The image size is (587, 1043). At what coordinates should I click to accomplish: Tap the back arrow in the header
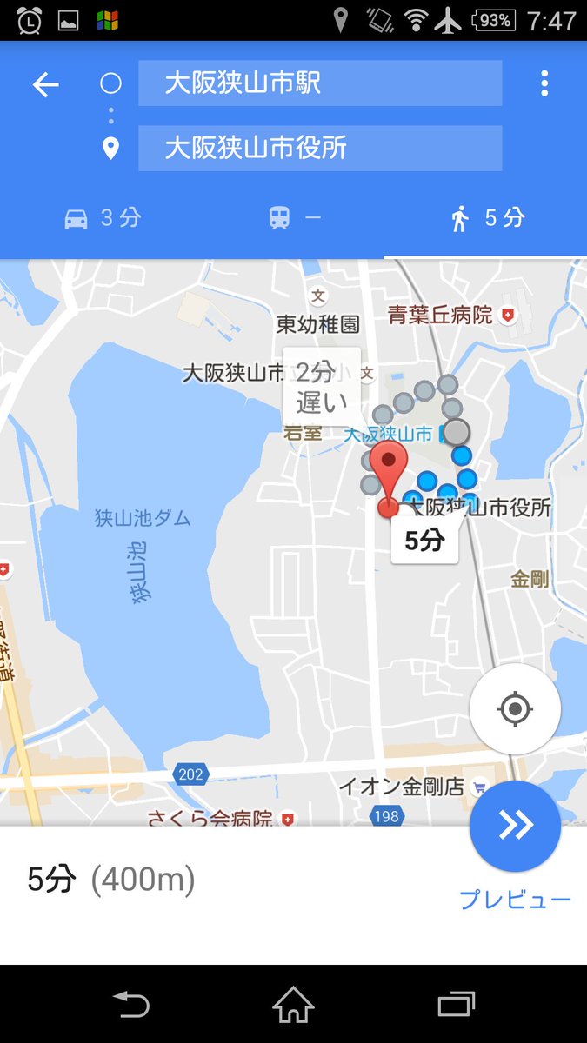click(45, 84)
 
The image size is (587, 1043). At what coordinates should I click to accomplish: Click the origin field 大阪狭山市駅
click(320, 83)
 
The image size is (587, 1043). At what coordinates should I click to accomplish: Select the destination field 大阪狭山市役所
click(320, 148)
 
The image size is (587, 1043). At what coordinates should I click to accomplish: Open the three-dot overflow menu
click(544, 83)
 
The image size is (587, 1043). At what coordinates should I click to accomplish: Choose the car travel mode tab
click(102, 218)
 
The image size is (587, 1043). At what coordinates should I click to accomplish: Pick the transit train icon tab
click(294, 218)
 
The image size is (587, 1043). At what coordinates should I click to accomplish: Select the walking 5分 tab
click(487, 218)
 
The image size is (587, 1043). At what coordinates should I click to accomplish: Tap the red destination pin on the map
click(389, 474)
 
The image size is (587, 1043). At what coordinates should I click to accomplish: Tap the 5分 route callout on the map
click(424, 541)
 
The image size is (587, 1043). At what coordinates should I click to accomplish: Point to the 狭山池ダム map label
click(142, 519)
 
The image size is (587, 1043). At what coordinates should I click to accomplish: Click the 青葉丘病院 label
click(441, 315)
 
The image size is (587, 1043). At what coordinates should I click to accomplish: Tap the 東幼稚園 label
click(317, 325)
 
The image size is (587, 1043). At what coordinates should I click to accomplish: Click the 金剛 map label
click(529, 579)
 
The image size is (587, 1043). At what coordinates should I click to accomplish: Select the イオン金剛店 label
click(402, 787)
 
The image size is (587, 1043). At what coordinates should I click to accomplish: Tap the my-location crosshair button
click(515, 709)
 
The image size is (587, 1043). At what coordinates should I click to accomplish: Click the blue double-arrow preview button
click(515, 826)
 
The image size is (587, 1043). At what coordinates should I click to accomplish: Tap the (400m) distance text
click(143, 880)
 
